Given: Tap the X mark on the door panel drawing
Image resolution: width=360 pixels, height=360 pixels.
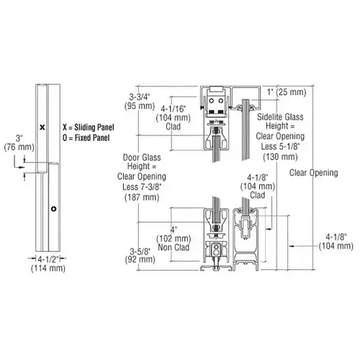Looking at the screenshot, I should click(42, 127).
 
